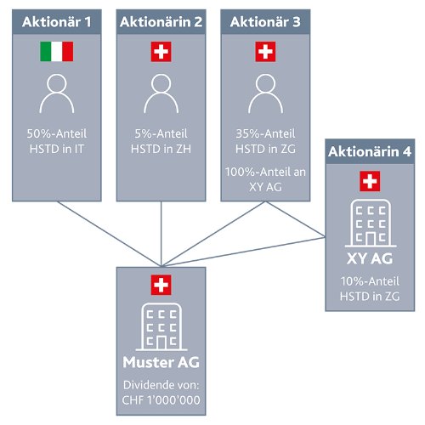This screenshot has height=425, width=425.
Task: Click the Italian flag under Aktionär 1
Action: pyautogui.click(x=57, y=52)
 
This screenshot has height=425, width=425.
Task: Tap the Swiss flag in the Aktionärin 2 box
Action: pyautogui.click(x=161, y=52)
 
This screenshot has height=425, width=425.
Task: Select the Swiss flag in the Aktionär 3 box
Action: pyautogui.click(x=265, y=52)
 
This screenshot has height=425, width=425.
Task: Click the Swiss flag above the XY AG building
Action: pyautogui.click(x=370, y=181)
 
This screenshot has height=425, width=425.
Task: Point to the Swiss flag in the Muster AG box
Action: pyautogui.click(x=161, y=285)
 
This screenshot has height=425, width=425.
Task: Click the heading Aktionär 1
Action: pyautogui.click(x=57, y=22)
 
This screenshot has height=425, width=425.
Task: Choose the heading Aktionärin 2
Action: pyautogui.click(x=161, y=22)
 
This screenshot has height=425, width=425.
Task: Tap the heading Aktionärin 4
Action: pyautogui.click(x=370, y=151)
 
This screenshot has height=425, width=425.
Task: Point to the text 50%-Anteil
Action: pyautogui.click(x=57, y=133)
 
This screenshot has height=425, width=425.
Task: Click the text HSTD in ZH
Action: pyautogui.click(x=161, y=149)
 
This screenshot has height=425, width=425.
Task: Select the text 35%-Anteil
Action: pyautogui.click(x=265, y=133)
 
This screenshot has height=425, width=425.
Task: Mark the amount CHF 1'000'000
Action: pyautogui.click(x=161, y=400)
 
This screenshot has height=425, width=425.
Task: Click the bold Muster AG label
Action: pyautogui.click(x=161, y=362)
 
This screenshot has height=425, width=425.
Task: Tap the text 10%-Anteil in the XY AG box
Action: pyautogui.click(x=370, y=281)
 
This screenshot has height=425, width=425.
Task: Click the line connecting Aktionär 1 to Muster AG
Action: pyautogui.click(x=109, y=234)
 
